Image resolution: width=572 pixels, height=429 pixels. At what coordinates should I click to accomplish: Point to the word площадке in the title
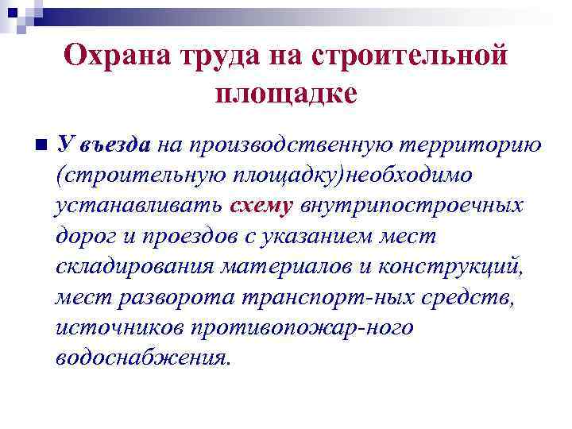coord(286,93)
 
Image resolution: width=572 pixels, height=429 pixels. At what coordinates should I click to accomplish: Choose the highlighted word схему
coord(261,206)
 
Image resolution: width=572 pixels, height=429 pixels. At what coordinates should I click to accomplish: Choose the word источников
coord(113,327)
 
